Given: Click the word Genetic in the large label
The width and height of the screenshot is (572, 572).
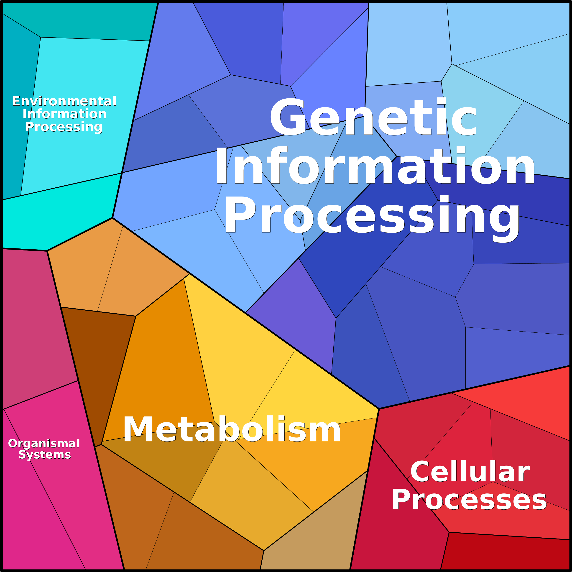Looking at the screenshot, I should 373,117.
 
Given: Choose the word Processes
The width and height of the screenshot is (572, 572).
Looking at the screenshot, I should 469,500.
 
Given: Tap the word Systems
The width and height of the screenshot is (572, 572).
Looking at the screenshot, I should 45,455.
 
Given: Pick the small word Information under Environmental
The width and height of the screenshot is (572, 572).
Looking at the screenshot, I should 64,114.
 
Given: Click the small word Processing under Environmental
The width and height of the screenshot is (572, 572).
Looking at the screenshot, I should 64,127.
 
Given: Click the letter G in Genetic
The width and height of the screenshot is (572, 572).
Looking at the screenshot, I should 287,117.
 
